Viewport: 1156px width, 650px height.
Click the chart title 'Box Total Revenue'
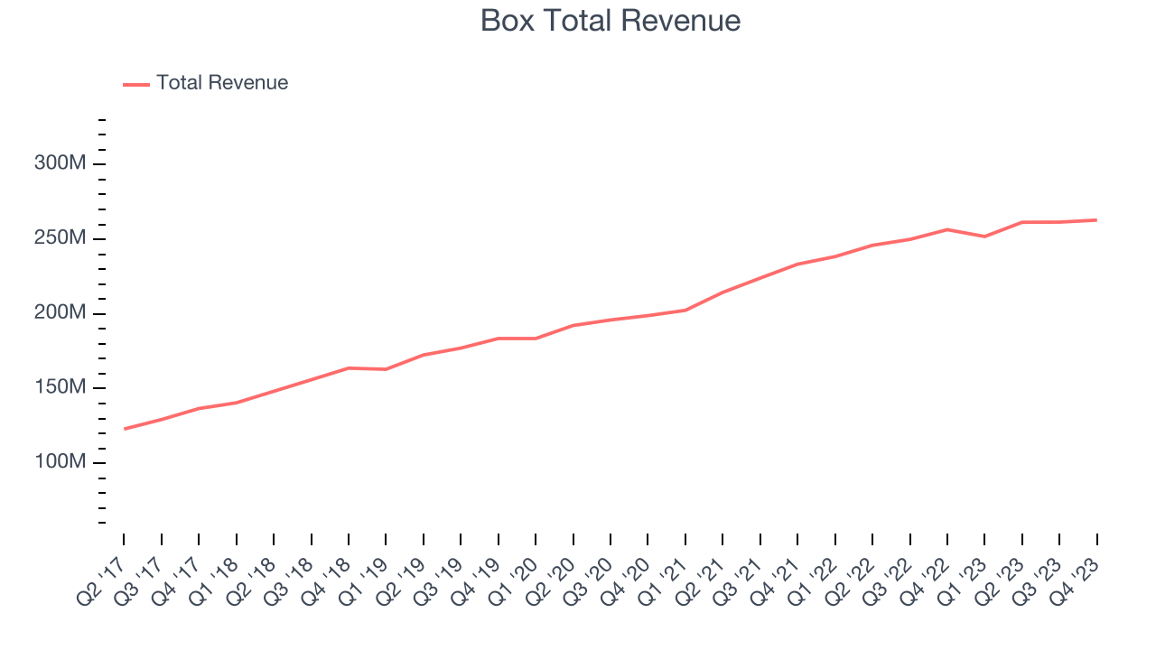[611, 20]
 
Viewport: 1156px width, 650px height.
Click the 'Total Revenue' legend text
[222, 83]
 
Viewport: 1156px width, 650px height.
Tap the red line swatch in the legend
[136, 84]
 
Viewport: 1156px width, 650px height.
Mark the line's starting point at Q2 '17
[124, 429]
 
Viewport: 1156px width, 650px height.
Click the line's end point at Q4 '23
[1096, 220]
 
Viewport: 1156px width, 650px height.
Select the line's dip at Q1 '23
[984, 237]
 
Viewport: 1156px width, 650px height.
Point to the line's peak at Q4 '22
[946, 229]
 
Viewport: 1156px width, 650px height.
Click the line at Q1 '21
[685, 311]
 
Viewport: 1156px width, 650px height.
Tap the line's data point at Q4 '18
[349, 368]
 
